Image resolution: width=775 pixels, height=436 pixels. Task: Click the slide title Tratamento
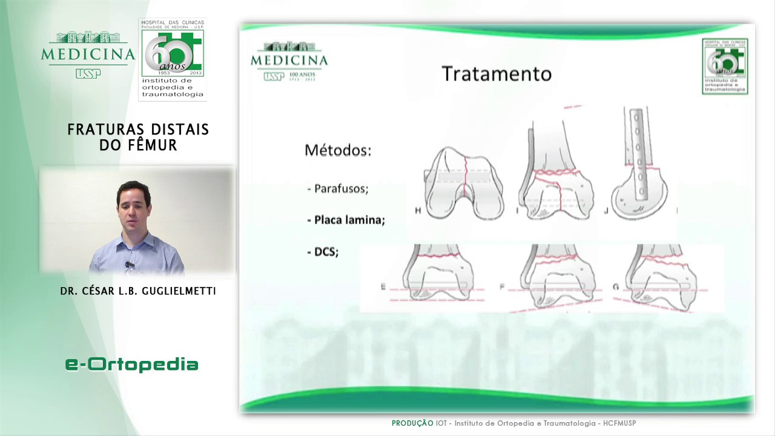[496, 74]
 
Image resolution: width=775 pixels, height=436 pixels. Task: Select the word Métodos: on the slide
[337, 150]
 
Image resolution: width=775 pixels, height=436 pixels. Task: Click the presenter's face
[133, 206]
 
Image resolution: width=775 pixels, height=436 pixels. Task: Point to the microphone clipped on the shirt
[130, 265]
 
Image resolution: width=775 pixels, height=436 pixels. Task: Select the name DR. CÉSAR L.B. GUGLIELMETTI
[138, 291]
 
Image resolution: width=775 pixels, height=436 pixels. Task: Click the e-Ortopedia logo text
[132, 364]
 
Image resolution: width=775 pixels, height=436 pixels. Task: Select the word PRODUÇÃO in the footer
[412, 423]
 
